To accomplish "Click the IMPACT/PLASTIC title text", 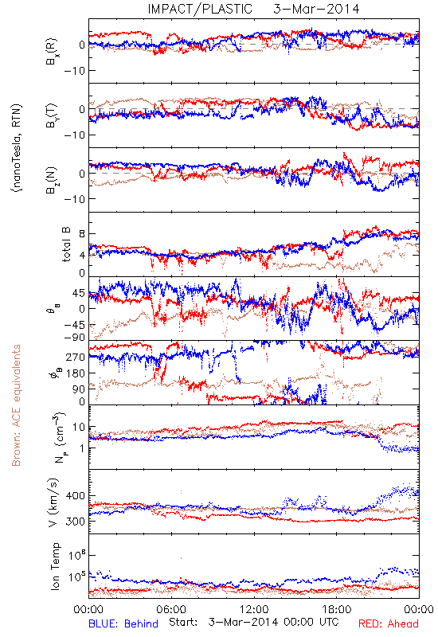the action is [x=200, y=9].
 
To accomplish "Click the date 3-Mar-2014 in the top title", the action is [x=316, y=9].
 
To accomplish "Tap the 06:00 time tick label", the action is [x=171, y=609].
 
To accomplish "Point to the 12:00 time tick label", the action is [x=254, y=609].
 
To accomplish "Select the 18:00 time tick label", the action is [x=337, y=609].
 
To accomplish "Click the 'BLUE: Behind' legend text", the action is [x=123, y=623].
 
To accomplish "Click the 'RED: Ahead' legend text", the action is [x=389, y=623].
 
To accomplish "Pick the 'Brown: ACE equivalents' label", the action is [x=16, y=405].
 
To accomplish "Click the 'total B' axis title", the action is [x=66, y=244].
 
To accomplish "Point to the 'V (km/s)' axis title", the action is [x=53, y=502].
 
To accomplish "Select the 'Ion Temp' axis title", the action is [x=55, y=566].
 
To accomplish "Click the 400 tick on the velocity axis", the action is [x=75, y=495].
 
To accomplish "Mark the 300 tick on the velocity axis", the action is [x=75, y=522].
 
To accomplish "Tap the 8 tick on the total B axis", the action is [x=82, y=234].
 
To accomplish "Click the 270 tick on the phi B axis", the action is [x=76, y=357].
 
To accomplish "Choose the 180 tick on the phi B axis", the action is [x=76, y=373].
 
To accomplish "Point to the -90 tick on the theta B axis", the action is [x=74, y=337].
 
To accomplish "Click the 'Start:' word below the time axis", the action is [x=183, y=623].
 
